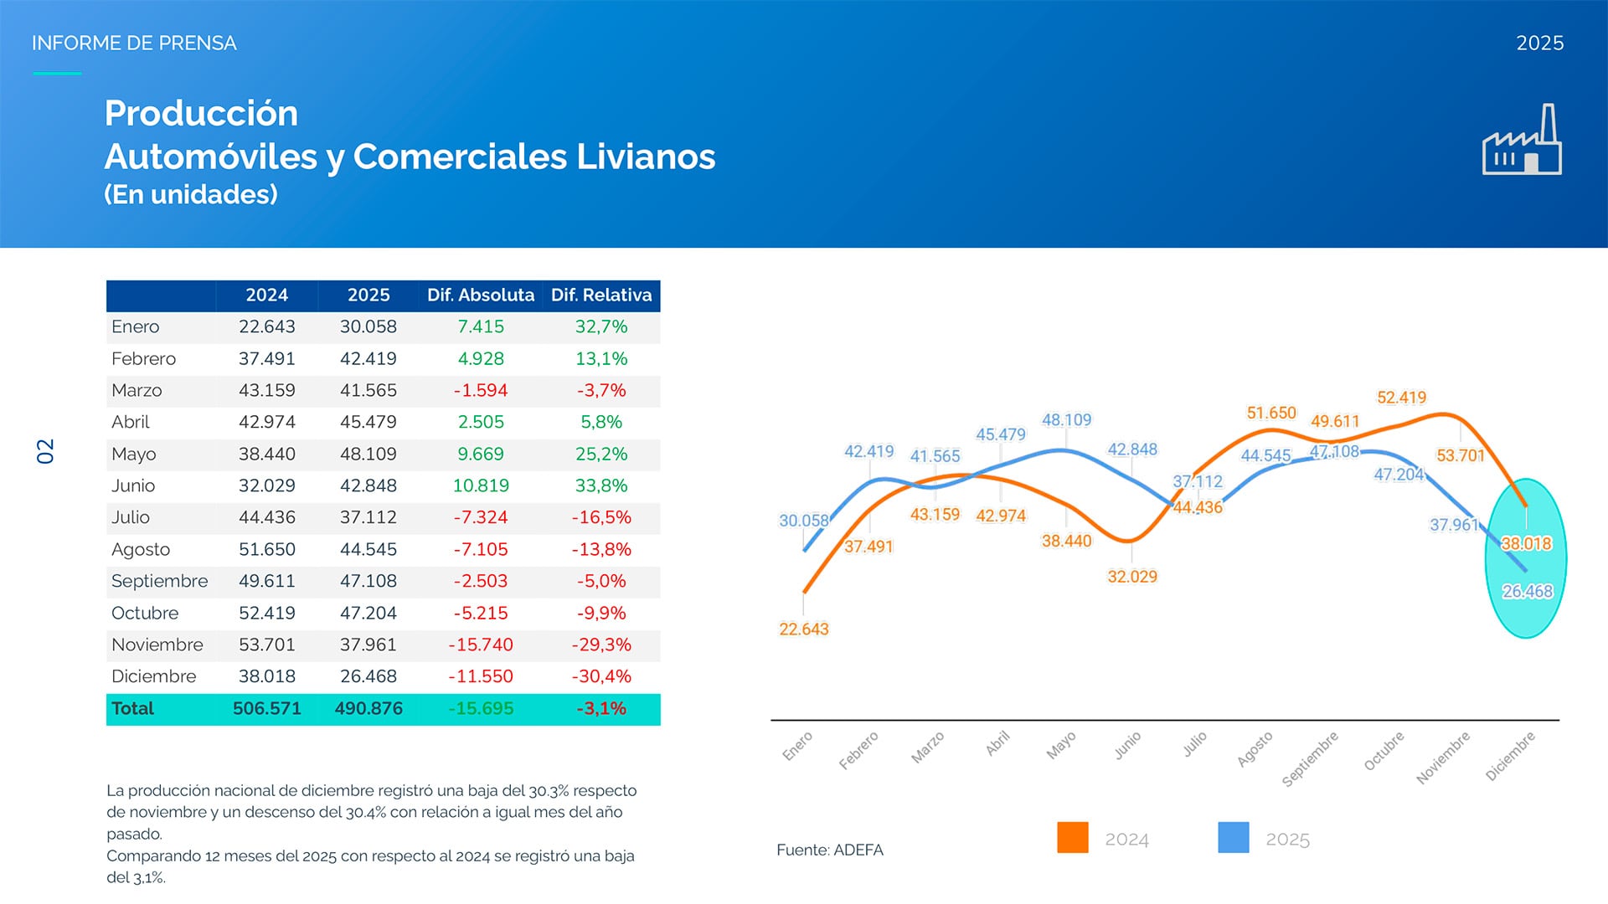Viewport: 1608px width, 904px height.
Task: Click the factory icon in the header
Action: (x=1522, y=141)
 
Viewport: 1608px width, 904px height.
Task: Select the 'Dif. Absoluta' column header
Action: (x=480, y=295)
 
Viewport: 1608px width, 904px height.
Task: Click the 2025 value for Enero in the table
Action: (x=368, y=326)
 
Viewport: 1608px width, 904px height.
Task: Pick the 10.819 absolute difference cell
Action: (x=480, y=485)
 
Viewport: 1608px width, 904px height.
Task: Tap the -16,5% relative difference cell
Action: (x=601, y=517)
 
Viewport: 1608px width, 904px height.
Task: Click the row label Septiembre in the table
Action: (x=159, y=581)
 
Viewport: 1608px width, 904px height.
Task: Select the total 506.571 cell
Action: (x=266, y=708)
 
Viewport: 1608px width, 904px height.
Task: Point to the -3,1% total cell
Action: (x=601, y=708)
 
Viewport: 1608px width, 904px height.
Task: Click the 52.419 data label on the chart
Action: (x=1401, y=398)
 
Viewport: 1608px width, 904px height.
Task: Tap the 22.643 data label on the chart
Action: (x=803, y=629)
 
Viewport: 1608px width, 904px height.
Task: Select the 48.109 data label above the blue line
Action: (x=1066, y=419)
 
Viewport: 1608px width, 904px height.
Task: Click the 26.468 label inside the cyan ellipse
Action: (x=1527, y=591)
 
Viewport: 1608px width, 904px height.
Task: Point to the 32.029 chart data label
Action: (x=1131, y=577)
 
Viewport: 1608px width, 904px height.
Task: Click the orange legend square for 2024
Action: (x=1072, y=837)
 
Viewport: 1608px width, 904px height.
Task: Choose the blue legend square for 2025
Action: (x=1233, y=837)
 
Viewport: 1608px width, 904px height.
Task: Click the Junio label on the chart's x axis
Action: (x=1127, y=745)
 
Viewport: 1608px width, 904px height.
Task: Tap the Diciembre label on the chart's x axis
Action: (x=1510, y=756)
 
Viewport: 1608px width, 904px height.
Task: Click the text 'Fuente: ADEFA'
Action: (x=829, y=850)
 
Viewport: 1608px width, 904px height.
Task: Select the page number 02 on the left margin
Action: (x=45, y=451)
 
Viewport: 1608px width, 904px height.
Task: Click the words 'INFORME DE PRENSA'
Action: (x=134, y=43)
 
